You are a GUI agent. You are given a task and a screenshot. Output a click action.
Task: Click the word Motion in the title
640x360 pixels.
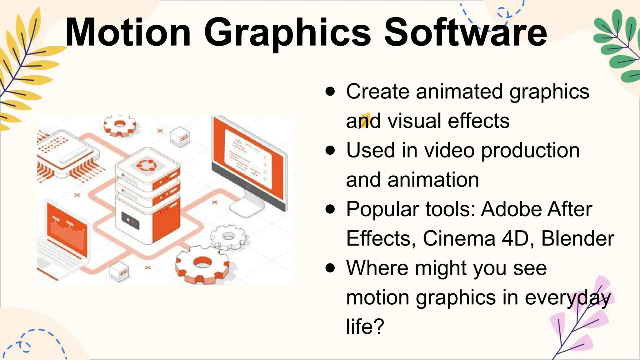pyautogui.click(x=128, y=33)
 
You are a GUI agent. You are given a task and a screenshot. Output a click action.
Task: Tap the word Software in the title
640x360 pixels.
pyautogui.click(x=465, y=33)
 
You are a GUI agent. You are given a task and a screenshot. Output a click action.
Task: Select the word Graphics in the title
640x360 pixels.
pyautogui.click(x=287, y=33)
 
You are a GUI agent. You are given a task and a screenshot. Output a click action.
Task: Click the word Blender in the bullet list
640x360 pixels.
pyautogui.click(x=577, y=239)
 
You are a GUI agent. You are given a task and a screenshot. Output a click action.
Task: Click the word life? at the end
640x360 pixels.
pyautogui.click(x=365, y=327)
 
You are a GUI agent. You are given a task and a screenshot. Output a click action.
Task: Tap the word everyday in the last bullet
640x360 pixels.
pyautogui.click(x=567, y=297)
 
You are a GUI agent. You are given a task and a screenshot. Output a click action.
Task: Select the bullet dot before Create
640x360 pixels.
pyautogui.click(x=330, y=92)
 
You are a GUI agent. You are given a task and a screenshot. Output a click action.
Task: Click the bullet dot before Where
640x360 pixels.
pyautogui.click(x=330, y=268)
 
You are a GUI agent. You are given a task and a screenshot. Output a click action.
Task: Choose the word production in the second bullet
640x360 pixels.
pyautogui.click(x=530, y=151)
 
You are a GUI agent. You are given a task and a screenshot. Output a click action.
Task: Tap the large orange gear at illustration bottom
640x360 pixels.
pyautogui.click(x=202, y=264)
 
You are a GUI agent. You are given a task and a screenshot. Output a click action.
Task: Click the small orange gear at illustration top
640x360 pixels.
pyautogui.click(x=120, y=125)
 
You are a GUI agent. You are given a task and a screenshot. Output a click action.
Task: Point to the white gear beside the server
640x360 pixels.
pyautogui.click(x=228, y=236)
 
